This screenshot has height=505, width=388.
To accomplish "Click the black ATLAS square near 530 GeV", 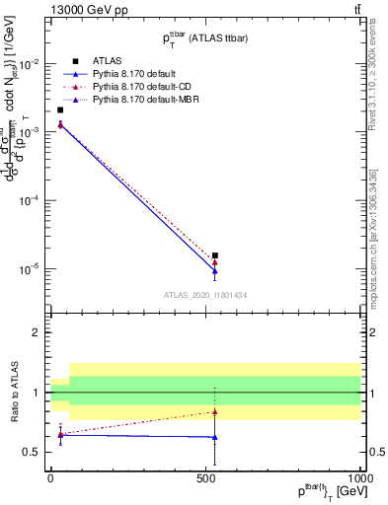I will click(x=214, y=255).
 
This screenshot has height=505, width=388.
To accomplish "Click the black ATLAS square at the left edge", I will click(x=60, y=109).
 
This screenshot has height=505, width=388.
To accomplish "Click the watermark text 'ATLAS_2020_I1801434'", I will click(x=205, y=294).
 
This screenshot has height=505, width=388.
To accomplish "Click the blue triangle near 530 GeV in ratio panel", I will click(x=214, y=437).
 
